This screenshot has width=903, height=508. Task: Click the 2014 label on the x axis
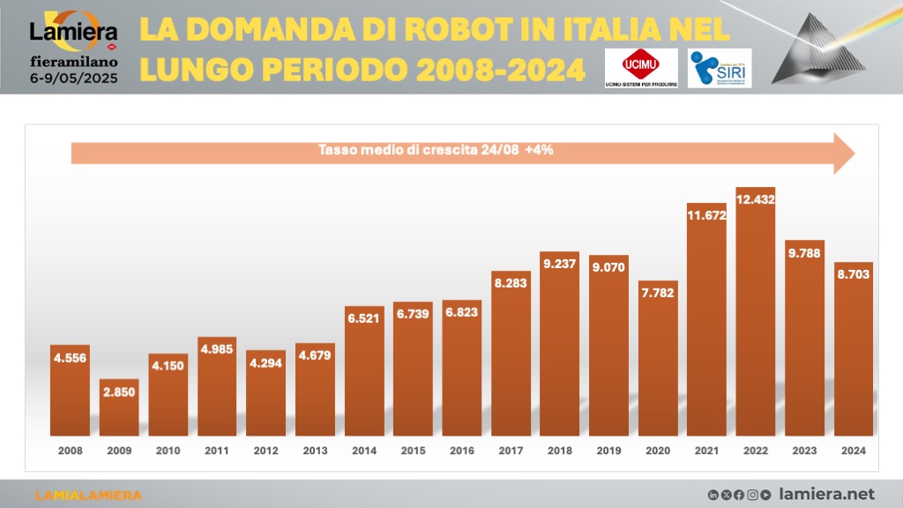point(364,450)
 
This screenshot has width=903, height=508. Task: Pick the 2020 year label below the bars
point(658,450)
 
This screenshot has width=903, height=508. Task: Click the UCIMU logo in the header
point(642,67)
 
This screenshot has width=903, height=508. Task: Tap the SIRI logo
point(719,68)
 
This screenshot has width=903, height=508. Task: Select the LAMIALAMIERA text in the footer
point(87,495)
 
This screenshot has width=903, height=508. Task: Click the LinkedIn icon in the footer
point(713,495)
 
